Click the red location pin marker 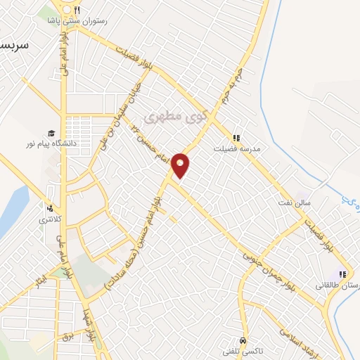[x=181, y=165]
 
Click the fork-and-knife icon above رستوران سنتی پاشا [x=77, y=10]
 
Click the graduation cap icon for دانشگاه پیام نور [x=51, y=133]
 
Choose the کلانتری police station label [x=49, y=219]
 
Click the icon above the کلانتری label [x=49, y=207]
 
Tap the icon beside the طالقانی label [x=342, y=274]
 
